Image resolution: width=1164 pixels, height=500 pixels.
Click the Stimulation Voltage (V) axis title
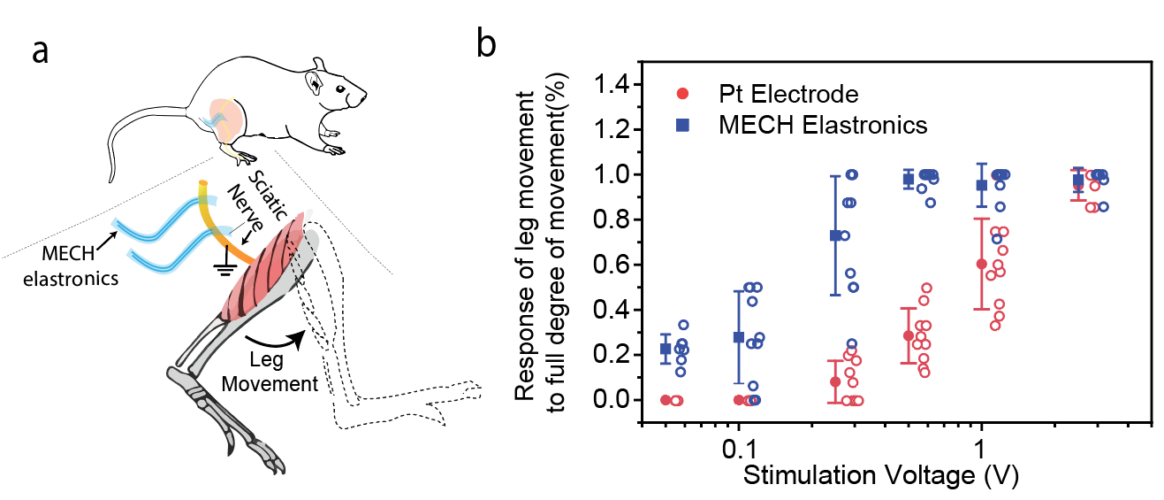(x=881, y=475)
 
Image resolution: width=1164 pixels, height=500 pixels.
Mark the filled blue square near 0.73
(x=835, y=235)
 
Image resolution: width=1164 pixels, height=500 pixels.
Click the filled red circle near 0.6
(x=981, y=264)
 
